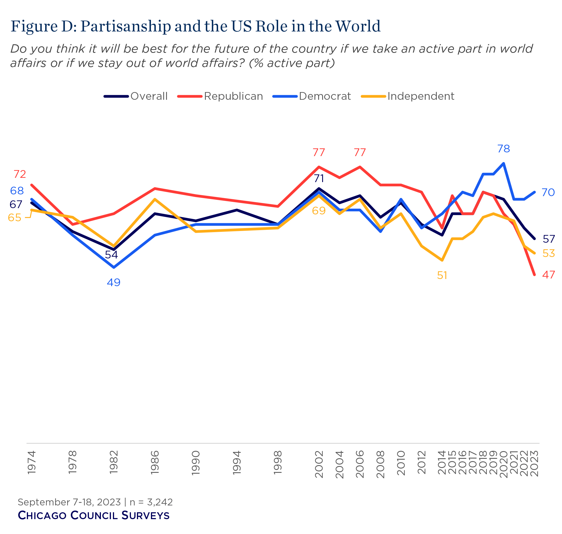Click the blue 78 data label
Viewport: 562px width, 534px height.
click(x=503, y=149)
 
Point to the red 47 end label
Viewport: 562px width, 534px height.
click(x=548, y=275)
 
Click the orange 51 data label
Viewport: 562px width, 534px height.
click(x=442, y=275)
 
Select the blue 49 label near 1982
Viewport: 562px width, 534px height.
click(x=113, y=282)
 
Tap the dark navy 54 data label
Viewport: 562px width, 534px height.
click(x=111, y=255)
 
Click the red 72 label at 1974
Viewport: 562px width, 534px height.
click(x=20, y=174)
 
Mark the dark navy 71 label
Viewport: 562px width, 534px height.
click(x=319, y=178)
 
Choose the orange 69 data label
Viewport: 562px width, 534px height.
click(x=319, y=211)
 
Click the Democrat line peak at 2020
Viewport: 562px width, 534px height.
click(x=503, y=163)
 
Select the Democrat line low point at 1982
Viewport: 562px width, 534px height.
click(x=114, y=267)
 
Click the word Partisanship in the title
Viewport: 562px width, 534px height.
click(x=126, y=26)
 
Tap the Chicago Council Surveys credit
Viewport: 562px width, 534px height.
click(x=93, y=515)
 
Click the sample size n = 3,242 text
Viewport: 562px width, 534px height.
click(x=151, y=502)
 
